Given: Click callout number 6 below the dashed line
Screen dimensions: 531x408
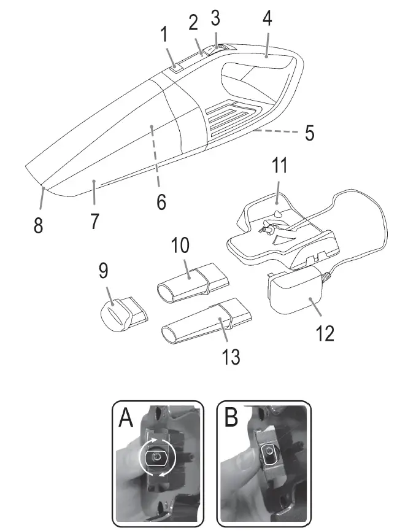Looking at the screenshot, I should coord(161,201).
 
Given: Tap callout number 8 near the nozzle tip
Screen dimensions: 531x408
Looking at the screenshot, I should coord(38,225).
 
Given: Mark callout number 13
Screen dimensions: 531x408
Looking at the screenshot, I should coord(231,356).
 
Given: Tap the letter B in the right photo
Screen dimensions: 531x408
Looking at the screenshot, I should coord(231,420).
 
